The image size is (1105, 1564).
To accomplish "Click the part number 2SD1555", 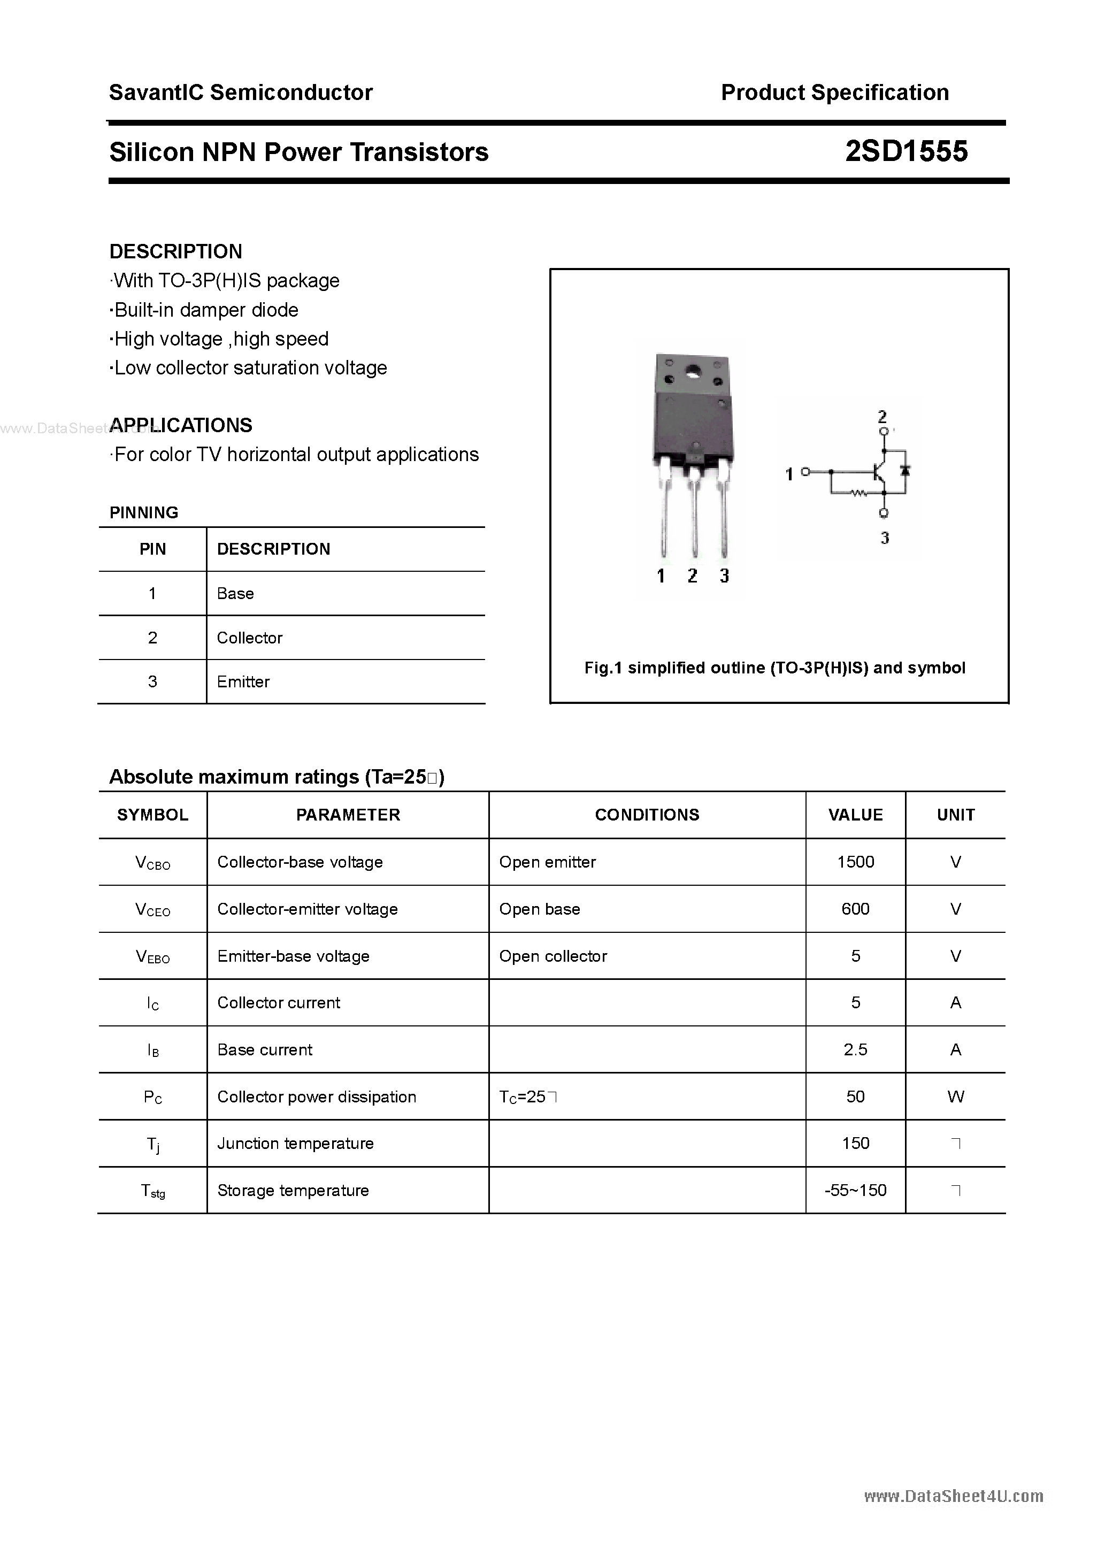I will point(906,151).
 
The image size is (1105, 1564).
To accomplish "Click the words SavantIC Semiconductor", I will point(241,93).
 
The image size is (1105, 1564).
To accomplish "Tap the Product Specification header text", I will point(834,93).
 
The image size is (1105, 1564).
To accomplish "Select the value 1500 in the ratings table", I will point(855,862).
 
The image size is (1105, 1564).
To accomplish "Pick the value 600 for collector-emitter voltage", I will point(855,909).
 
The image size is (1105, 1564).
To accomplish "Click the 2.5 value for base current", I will point(855,1049).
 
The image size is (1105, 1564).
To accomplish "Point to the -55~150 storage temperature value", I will point(855,1190).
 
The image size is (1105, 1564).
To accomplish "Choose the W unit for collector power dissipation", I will point(955,1097).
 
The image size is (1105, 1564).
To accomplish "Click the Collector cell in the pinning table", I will point(249,638).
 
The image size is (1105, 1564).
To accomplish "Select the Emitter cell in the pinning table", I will point(243,682).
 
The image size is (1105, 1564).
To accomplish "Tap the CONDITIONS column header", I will point(647,815).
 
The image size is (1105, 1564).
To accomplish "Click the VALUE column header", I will point(855,815).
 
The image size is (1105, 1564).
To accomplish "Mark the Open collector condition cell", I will point(552,956).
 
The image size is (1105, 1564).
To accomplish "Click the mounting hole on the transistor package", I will point(694,372).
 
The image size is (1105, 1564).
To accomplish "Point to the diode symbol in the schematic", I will point(906,470).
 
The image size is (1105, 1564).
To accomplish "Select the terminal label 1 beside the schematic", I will point(789,474).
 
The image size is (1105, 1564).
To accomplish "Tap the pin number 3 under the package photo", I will point(724,576).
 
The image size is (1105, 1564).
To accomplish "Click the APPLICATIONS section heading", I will point(181,425).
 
